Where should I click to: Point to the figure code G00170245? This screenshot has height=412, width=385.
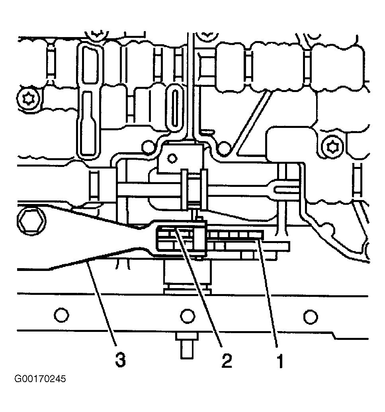40,379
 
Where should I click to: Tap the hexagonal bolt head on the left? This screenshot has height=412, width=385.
31,221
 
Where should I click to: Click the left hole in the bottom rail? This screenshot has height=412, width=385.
61,314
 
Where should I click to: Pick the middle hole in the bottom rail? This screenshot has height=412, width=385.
188,316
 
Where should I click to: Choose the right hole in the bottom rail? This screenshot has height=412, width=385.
311,317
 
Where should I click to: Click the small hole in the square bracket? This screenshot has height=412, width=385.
172,159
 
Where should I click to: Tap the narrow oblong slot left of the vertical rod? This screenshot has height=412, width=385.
175,107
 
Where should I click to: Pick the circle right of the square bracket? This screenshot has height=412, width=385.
224,148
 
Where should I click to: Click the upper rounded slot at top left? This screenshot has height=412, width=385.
90,65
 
